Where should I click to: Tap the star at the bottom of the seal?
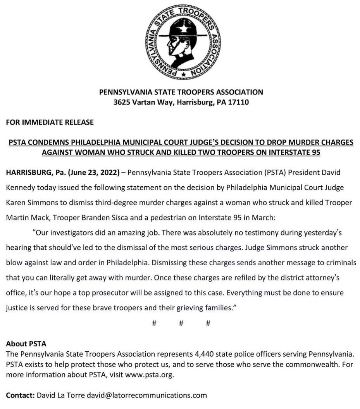coord(183,73)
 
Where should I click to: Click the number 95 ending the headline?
coord(316,152)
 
